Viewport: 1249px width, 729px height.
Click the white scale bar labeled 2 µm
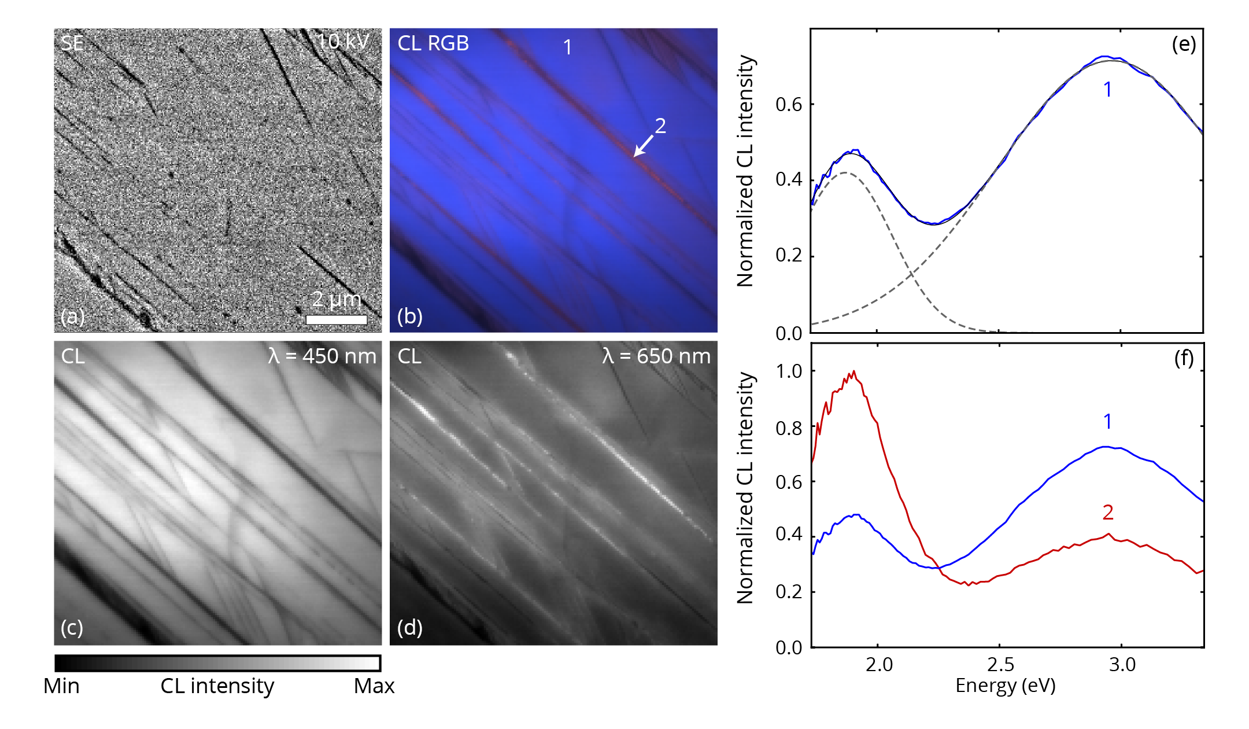tap(336, 319)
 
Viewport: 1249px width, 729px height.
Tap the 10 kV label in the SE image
tap(343, 41)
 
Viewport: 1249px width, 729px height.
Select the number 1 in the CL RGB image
tap(567, 47)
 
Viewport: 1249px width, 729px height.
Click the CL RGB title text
tap(433, 43)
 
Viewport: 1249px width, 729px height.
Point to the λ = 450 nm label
tap(322, 356)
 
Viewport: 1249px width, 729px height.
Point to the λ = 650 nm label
tap(656, 356)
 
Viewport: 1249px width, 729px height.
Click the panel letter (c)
tap(72, 627)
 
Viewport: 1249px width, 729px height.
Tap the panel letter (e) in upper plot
tap(1184, 45)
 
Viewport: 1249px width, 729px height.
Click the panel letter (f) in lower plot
tap(1184, 359)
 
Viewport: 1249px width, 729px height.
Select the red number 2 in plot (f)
tap(1108, 513)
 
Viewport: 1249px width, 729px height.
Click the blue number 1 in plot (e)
tap(1107, 90)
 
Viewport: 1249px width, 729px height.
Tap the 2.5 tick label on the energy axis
tap(1000, 665)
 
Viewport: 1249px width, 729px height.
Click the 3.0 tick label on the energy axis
tap(1122, 665)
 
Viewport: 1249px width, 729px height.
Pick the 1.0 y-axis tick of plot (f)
tap(789, 371)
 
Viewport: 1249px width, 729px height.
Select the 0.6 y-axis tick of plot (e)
tap(789, 105)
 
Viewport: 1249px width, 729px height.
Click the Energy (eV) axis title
tap(1006, 686)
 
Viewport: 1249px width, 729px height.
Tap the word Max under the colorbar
tap(374, 686)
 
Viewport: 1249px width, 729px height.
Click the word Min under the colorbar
tap(61, 686)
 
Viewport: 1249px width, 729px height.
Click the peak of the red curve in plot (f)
tap(853, 372)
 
